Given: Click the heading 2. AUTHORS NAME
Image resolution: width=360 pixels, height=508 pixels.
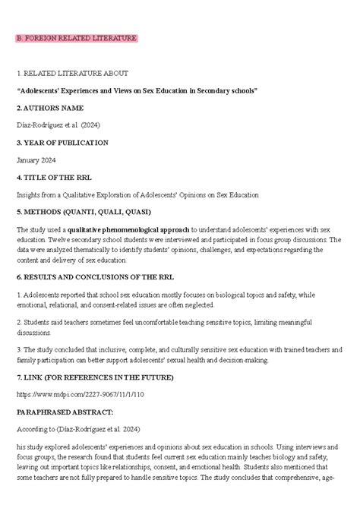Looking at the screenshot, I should (50, 108).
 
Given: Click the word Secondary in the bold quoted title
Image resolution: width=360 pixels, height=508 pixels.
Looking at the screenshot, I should (213, 90).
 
